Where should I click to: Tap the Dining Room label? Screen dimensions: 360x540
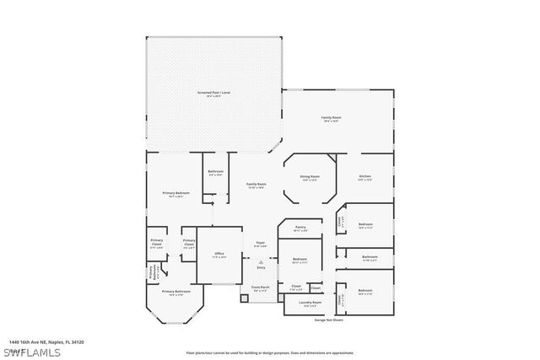coord(310,177)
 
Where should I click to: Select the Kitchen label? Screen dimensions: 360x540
coord(364,176)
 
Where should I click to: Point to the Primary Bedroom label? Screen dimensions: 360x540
coord(176,194)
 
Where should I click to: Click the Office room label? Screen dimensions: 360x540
coord(219,254)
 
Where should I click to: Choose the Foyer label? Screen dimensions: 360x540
coord(261,244)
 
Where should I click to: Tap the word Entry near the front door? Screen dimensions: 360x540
coord(261,267)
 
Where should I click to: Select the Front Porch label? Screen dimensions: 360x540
coord(261,287)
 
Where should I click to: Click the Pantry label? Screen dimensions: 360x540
coord(300,228)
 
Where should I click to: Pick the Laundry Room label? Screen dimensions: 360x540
coord(312,303)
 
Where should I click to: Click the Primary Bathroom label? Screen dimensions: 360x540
coord(174,293)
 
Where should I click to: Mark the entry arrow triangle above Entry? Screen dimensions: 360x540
coord(261,262)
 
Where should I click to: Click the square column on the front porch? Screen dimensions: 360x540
coord(243,298)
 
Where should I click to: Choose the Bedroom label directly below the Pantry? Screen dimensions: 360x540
coord(300,260)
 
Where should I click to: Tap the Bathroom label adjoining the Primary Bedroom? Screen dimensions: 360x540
coord(215,173)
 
